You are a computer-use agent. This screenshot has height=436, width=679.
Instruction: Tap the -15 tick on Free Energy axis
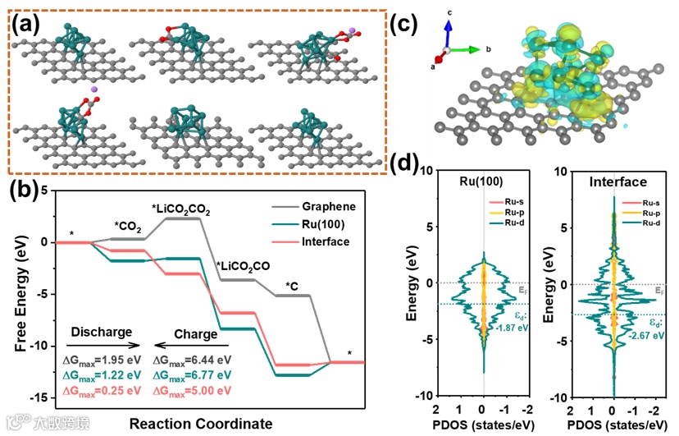(x=39, y=397)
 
